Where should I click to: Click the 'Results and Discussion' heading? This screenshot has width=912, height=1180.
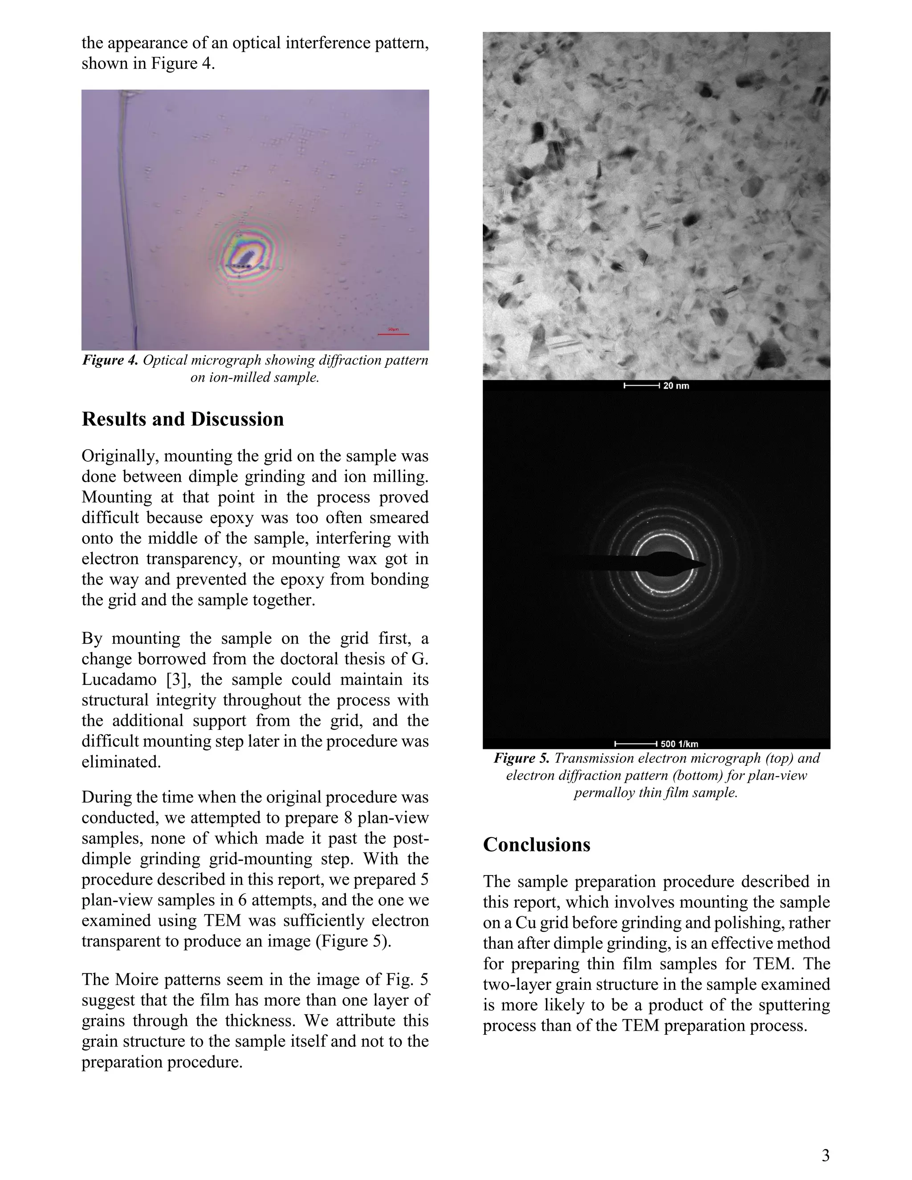pyautogui.click(x=183, y=419)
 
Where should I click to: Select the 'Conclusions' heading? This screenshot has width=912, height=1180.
pyautogui.click(x=537, y=844)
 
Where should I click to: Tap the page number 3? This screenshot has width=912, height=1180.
pyautogui.click(x=826, y=1155)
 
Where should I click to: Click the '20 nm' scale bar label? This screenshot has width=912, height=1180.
pyautogui.click(x=676, y=386)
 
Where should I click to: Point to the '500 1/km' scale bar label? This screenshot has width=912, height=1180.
pyautogui.click(x=679, y=744)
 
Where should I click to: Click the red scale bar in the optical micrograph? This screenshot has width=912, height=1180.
pyautogui.click(x=393, y=334)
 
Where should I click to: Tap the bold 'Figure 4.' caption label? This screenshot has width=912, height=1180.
pyautogui.click(x=110, y=360)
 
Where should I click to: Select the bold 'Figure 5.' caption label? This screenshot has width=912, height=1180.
pyautogui.click(x=521, y=759)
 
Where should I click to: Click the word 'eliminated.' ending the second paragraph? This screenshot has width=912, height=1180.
pyautogui.click(x=121, y=762)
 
